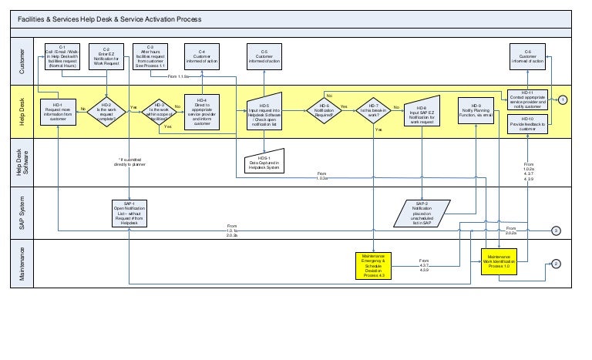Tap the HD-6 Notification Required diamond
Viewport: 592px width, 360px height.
point(325,110)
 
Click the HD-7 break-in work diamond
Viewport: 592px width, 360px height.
point(373,110)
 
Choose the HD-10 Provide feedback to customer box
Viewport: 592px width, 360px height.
point(528,123)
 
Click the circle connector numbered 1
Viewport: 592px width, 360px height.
point(563,99)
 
